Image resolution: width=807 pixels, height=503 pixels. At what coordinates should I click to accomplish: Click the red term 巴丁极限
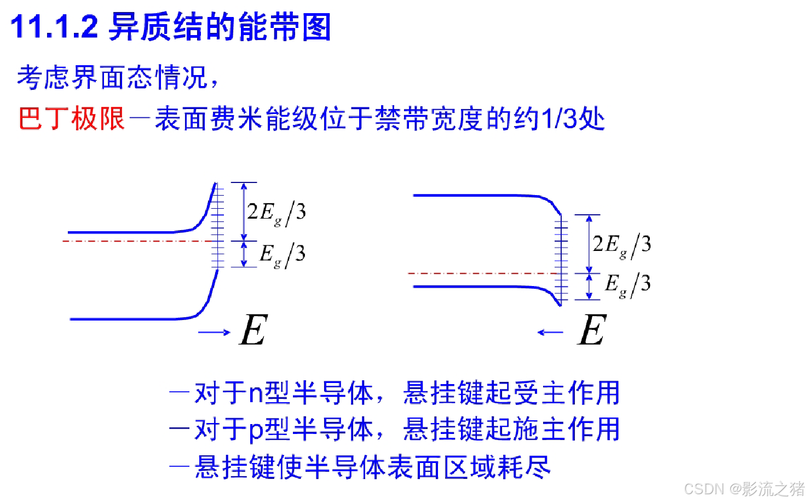click(72, 118)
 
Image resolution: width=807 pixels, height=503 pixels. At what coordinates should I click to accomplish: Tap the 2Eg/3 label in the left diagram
click(276, 212)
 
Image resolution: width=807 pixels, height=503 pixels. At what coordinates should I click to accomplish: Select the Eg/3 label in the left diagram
click(282, 255)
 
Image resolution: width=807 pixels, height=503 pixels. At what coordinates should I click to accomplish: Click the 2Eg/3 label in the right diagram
click(622, 244)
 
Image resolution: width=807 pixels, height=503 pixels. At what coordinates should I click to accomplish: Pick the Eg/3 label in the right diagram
click(627, 284)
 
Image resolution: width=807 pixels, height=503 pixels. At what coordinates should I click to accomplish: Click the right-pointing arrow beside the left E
click(214, 332)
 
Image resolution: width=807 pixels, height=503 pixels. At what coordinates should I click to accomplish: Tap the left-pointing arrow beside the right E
click(550, 332)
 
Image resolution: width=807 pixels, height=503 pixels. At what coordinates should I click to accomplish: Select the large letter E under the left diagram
click(253, 330)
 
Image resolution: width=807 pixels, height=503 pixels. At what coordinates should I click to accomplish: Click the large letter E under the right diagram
click(592, 330)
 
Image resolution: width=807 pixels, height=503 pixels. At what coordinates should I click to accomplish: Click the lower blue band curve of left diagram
click(131, 318)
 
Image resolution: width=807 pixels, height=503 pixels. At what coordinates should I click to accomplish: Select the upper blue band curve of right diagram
click(476, 195)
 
